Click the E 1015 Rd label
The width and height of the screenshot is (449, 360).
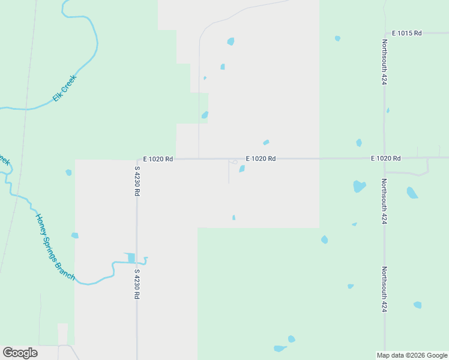(407, 32)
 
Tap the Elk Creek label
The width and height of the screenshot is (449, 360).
(65, 87)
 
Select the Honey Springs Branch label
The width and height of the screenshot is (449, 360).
(55, 247)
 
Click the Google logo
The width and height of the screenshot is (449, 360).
(20, 353)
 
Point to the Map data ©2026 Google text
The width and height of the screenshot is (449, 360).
(412, 355)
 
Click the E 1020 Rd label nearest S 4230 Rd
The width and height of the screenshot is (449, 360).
(158, 159)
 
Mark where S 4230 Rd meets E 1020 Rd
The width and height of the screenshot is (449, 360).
(137, 160)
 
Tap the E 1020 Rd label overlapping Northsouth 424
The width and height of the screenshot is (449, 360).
(385, 158)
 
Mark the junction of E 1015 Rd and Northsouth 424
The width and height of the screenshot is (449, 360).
(384, 32)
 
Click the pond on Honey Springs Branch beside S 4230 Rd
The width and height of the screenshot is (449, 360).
(131, 258)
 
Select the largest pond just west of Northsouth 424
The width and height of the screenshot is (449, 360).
(359, 186)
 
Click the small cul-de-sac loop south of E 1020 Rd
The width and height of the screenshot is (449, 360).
(234, 162)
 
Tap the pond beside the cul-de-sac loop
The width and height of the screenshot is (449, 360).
(242, 169)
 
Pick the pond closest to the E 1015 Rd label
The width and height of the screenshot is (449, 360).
(337, 38)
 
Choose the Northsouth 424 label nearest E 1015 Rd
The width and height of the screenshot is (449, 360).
(384, 62)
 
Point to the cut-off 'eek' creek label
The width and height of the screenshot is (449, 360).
(4, 161)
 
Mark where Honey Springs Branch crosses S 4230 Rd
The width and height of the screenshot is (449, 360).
(137, 262)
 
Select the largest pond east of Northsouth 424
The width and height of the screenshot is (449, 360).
(412, 193)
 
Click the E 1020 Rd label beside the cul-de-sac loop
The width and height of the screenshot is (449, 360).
(261, 159)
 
